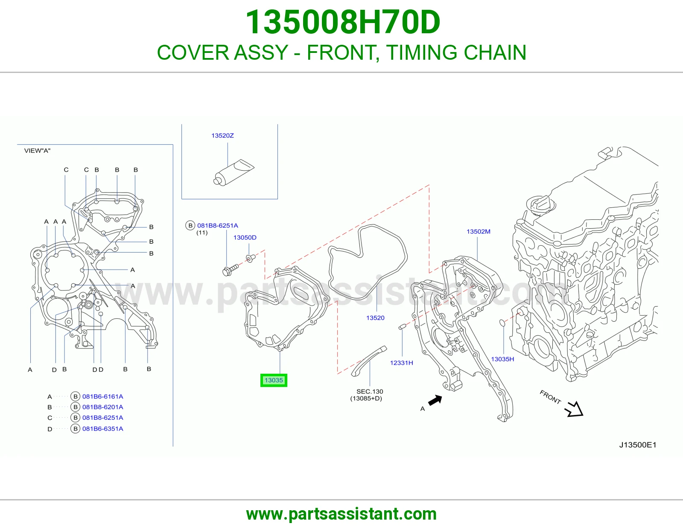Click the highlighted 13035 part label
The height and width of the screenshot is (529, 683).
click(274, 380)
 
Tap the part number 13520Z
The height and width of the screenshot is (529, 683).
click(222, 135)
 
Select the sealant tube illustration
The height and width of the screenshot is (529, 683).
click(234, 172)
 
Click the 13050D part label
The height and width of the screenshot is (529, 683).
click(245, 238)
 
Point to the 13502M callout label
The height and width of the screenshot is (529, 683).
click(479, 232)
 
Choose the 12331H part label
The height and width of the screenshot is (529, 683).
click(401, 363)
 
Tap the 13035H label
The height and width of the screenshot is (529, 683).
click(502, 359)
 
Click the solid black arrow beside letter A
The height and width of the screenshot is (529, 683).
click(435, 401)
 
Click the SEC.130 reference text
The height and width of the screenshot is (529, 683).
click(370, 391)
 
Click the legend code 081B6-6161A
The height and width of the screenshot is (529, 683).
click(103, 396)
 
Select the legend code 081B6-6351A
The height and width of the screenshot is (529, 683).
click(103, 428)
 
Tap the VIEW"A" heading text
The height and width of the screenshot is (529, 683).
click(37, 151)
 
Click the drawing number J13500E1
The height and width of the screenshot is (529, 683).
click(638, 445)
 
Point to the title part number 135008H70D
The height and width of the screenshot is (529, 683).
click(343, 22)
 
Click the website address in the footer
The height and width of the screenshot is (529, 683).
click(341, 514)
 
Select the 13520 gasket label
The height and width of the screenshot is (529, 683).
click(375, 317)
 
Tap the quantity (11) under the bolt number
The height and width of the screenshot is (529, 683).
click(202, 233)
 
